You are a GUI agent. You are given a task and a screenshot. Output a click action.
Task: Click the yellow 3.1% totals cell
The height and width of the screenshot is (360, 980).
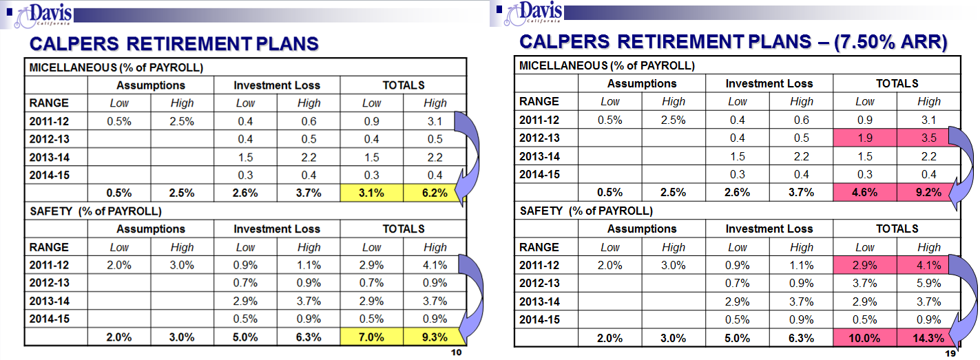(x=371, y=193)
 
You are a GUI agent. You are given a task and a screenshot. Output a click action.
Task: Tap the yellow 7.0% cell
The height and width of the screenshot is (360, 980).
(x=371, y=337)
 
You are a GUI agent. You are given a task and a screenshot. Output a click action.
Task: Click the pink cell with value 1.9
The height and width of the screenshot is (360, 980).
(x=865, y=138)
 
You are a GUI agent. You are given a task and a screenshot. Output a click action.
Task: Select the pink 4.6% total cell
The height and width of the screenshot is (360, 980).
(x=865, y=193)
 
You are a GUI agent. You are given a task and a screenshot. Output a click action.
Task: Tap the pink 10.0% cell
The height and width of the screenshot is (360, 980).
(x=865, y=338)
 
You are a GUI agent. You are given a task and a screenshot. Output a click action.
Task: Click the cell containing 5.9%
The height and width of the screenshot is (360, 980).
(x=929, y=283)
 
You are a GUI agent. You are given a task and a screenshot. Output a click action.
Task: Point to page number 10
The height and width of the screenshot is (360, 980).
(x=457, y=352)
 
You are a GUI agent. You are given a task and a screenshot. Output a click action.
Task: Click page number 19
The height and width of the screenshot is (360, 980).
(x=950, y=353)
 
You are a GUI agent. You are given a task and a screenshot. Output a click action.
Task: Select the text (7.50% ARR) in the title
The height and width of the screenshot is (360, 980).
(x=890, y=42)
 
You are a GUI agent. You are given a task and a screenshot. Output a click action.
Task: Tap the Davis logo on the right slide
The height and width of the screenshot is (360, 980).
(x=533, y=13)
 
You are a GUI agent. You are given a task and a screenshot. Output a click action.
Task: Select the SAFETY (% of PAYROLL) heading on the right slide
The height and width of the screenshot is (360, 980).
(x=586, y=211)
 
